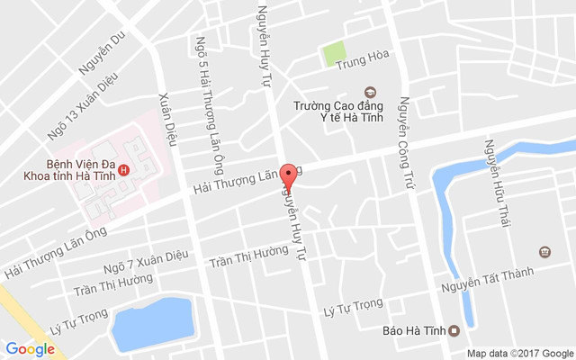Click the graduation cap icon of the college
click(x=368, y=92)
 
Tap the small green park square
click(x=335, y=54)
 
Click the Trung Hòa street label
click(x=362, y=64)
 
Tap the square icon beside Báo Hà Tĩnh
click(x=454, y=329)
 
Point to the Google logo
click(x=30, y=348)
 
